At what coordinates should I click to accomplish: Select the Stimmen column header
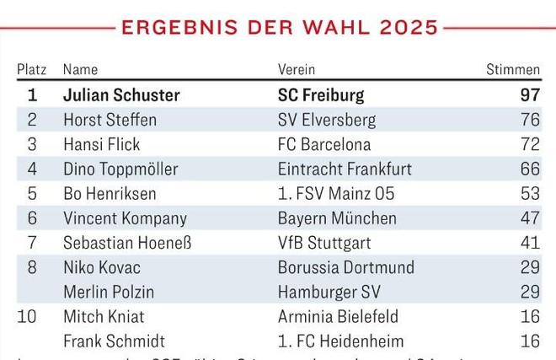[x=513, y=69]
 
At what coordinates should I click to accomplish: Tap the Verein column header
[x=297, y=69]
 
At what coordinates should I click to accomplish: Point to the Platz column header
[x=32, y=69]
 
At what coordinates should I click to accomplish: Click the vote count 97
[x=530, y=95]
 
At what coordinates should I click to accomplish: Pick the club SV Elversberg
[x=327, y=120]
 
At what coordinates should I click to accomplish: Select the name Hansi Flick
[x=102, y=144]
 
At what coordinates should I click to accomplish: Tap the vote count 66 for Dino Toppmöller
[x=530, y=169]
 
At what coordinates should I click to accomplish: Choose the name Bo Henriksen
[x=110, y=193]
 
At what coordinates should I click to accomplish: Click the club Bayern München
[x=337, y=218]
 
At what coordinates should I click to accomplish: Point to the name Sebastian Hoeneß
[x=127, y=243]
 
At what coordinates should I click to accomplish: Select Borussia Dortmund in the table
[x=346, y=267]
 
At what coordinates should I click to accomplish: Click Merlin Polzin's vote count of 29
[x=530, y=292]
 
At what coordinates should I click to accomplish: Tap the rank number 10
[x=32, y=317]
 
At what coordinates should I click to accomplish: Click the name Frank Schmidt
[x=114, y=341]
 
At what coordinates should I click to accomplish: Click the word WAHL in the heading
[x=327, y=27]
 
